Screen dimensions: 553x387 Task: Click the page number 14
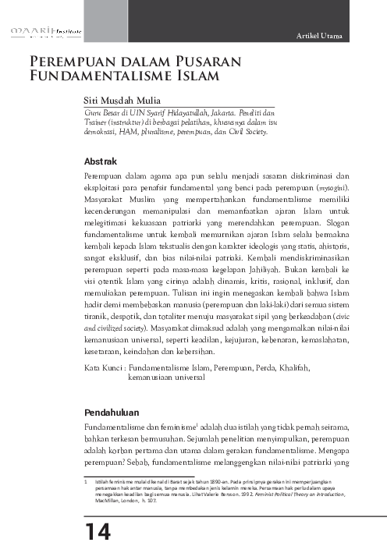[x=98, y=530]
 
